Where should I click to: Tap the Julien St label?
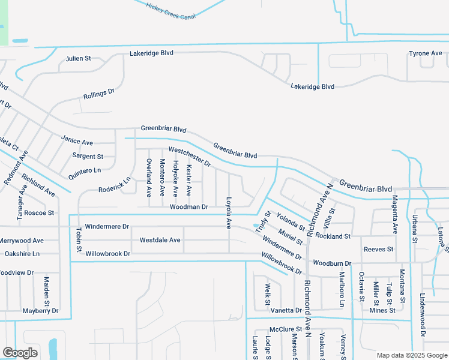point(78,58)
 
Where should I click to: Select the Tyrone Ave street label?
point(425,53)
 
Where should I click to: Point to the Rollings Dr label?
point(99,94)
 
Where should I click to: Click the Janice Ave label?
point(77,142)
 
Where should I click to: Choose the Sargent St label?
point(88,156)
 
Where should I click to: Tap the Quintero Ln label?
point(85,171)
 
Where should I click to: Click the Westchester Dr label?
point(190,157)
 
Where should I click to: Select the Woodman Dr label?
point(188,206)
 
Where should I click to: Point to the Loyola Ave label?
point(228,212)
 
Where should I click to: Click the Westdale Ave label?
point(160,240)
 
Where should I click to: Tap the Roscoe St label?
point(39,212)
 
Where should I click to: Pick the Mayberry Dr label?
point(40,311)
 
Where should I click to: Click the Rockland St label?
point(333,236)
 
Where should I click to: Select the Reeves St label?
point(378,249)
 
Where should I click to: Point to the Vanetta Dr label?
point(285,310)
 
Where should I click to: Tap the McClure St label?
point(285,329)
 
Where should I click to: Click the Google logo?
point(20,353)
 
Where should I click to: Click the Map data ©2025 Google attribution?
point(411,355)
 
